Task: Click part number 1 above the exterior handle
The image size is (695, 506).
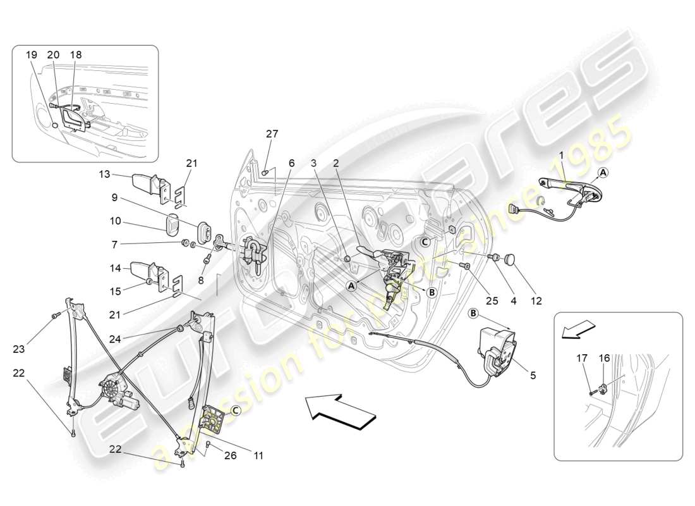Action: coord(560,154)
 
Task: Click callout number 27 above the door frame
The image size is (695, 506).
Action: coord(272,134)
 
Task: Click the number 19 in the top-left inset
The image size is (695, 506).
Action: coord(32,55)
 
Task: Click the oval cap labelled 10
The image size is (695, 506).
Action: coord(172,225)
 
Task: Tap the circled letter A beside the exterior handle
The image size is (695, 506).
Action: coord(603,172)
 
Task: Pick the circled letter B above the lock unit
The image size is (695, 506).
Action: coord(473,313)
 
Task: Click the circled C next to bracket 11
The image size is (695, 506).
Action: coord(235,410)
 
